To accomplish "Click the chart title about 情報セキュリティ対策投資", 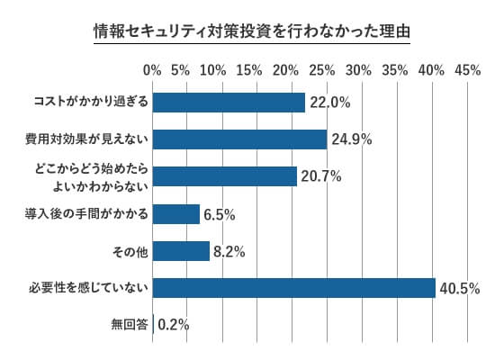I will (252, 31).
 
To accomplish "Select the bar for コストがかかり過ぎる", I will (229, 102).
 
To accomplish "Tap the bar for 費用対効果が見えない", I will (239, 139).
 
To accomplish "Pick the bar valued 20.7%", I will (225, 176).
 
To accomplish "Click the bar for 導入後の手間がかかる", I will (176, 213).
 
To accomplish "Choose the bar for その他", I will (182, 251).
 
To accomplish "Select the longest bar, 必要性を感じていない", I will (294, 288).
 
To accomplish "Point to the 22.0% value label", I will (329, 103).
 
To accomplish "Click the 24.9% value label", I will (350, 139).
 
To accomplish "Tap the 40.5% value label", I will (459, 289).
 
